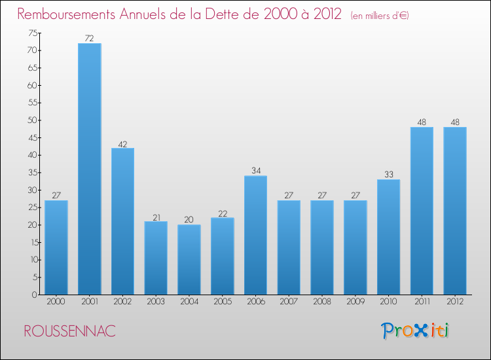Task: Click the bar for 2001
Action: click(x=90, y=169)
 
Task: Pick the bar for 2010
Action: click(x=388, y=237)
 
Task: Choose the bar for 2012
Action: click(x=455, y=211)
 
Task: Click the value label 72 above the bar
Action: click(x=90, y=39)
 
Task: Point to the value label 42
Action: click(x=123, y=143)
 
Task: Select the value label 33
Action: click(x=388, y=175)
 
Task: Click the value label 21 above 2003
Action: click(x=156, y=217)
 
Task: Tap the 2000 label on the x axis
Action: click(x=56, y=302)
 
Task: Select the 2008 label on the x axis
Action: click(x=322, y=302)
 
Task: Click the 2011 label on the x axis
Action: click(x=422, y=302)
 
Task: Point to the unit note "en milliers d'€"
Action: click(x=380, y=16)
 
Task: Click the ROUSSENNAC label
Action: click(x=70, y=331)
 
